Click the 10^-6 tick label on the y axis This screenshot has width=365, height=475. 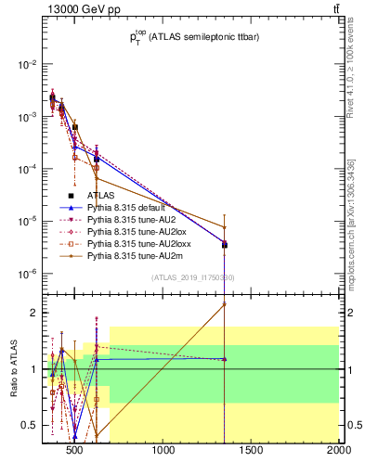(27, 274)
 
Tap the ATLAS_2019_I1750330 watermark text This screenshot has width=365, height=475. (193, 277)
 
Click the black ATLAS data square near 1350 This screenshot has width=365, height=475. (225, 245)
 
